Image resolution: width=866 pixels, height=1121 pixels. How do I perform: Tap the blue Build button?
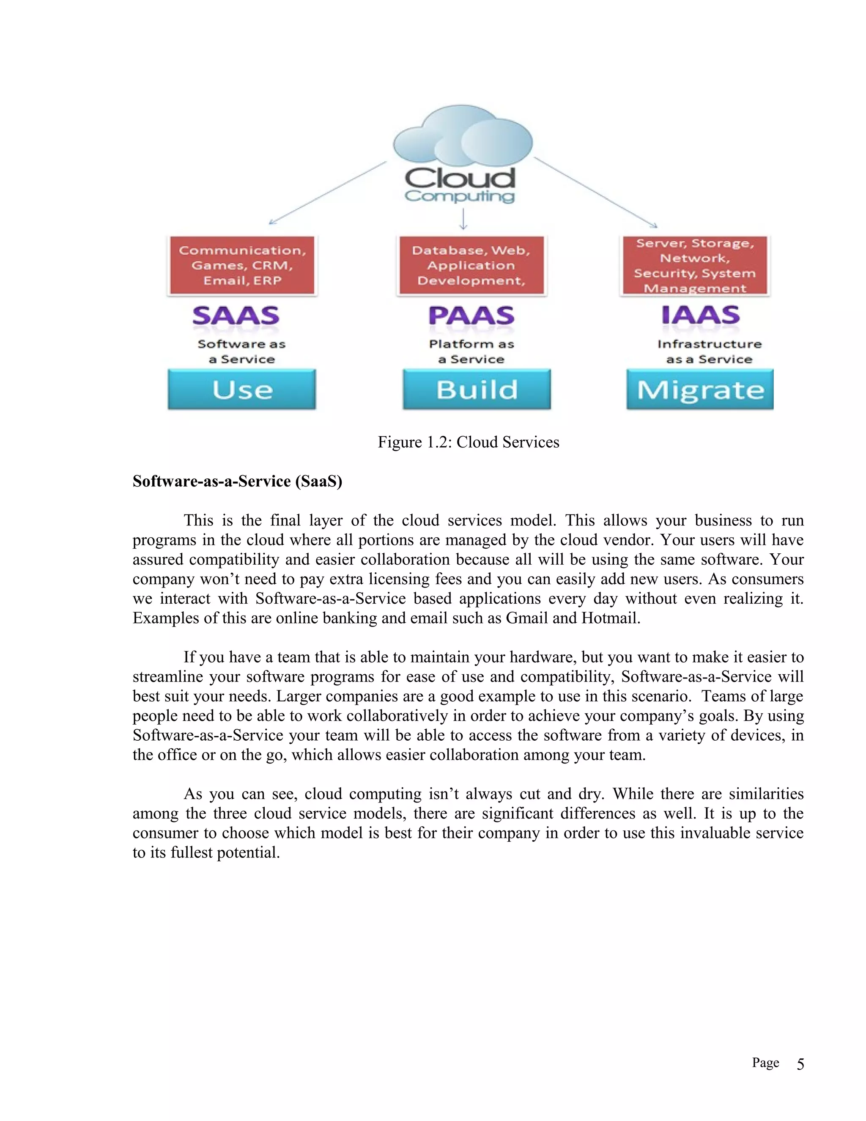477,389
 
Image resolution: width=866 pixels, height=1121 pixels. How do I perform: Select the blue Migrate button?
700,390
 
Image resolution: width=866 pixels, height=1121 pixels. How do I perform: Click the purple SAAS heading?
236,315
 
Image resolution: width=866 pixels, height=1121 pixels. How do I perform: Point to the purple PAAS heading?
471,315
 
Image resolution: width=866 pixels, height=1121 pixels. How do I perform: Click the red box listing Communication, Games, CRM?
242,265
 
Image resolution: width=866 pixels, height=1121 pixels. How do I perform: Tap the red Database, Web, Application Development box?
471,265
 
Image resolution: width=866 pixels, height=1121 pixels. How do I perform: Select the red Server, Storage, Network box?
695,265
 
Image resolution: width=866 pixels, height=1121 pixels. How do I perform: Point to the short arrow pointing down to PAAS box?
463,219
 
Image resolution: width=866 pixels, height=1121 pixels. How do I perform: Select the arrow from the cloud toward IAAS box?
595,192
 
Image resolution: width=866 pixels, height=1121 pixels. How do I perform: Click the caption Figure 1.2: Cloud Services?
469,442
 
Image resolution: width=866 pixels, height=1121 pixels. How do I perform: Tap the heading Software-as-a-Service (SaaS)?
237,481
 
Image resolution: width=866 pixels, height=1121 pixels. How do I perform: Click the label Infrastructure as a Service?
710,352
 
